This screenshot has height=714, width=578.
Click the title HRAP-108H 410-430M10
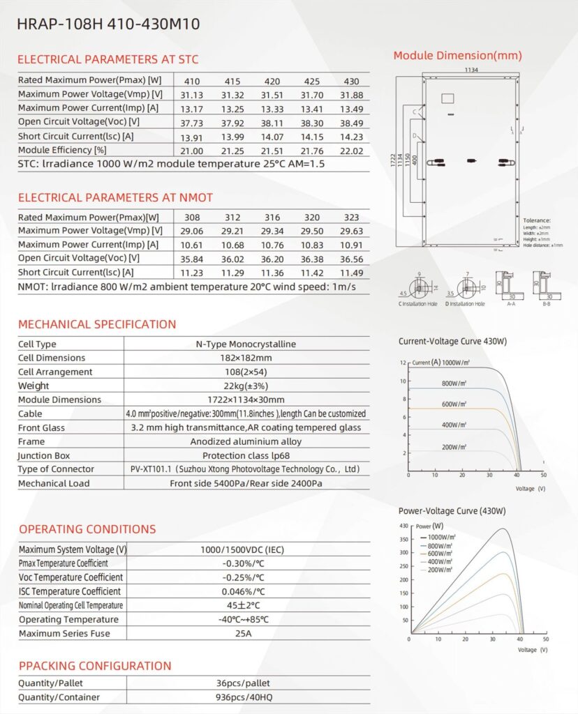[x=108, y=24]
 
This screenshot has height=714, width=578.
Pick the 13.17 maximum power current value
[x=192, y=109]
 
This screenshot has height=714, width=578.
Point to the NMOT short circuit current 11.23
[x=192, y=273]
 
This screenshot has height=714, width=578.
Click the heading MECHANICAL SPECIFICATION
[x=97, y=324]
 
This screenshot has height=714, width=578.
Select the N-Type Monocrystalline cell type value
[x=246, y=344]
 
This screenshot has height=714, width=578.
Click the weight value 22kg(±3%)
[x=246, y=386]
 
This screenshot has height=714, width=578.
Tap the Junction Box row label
[x=44, y=456]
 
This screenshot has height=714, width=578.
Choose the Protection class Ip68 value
[x=246, y=456]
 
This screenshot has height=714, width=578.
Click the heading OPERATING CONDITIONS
[x=87, y=529]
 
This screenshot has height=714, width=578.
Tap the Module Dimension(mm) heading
[x=457, y=56]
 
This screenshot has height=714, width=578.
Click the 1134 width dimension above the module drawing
[x=457, y=70]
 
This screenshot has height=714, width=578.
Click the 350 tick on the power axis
[x=403, y=539]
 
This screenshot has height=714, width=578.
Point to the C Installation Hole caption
[x=417, y=304]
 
